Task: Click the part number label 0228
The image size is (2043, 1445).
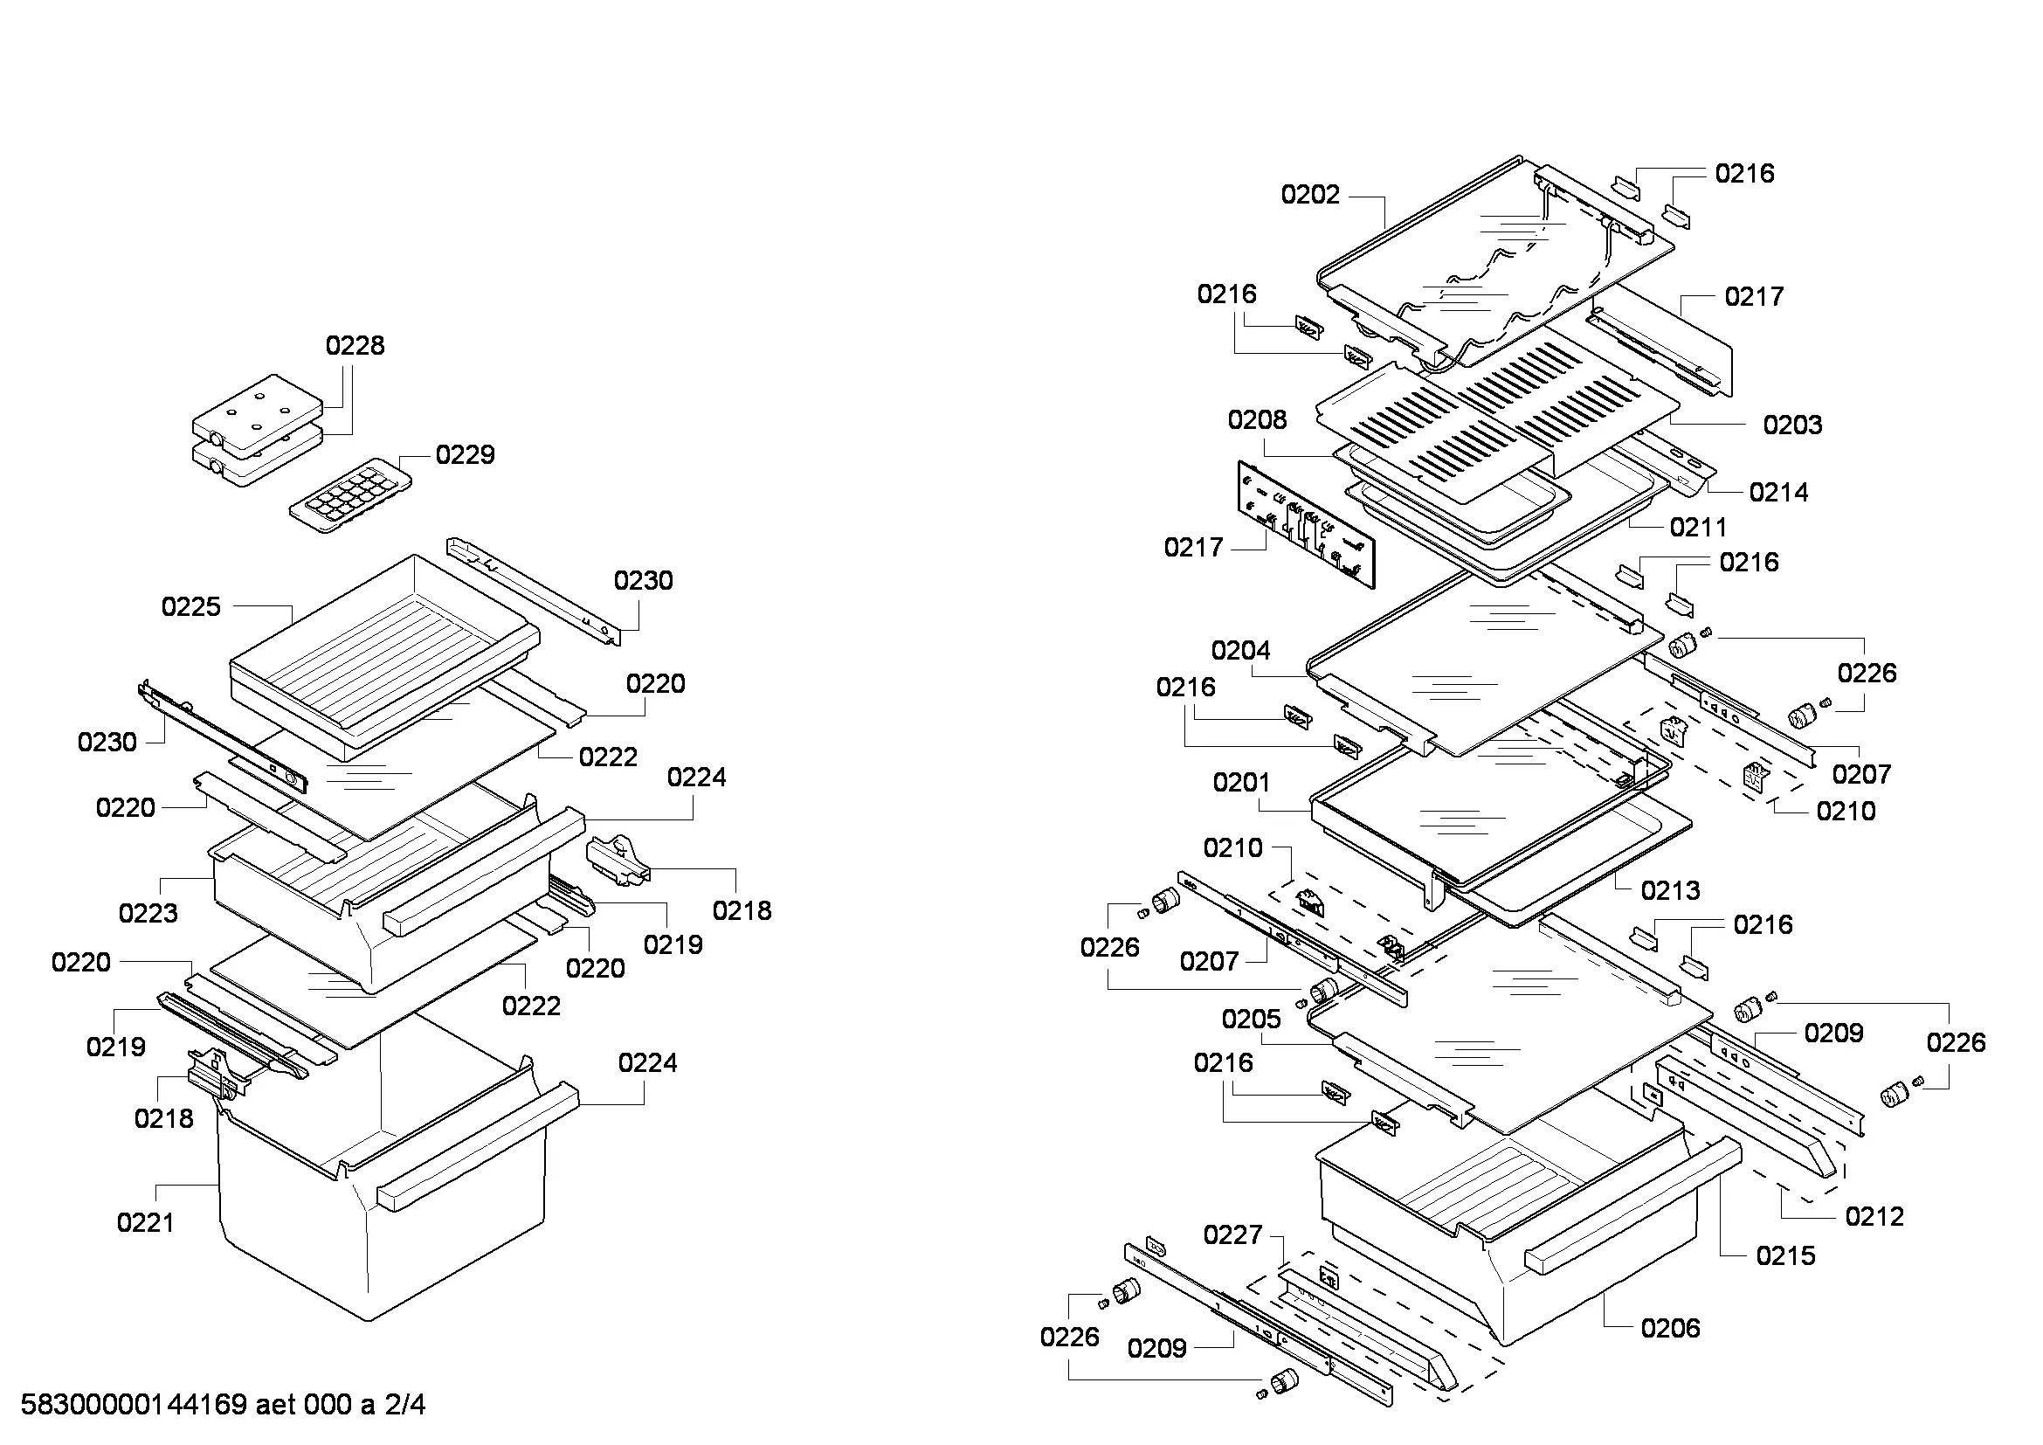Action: coord(355,345)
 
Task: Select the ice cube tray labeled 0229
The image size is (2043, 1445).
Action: coord(350,495)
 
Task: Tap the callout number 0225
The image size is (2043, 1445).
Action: coord(191,607)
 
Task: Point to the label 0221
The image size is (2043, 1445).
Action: coord(146,1222)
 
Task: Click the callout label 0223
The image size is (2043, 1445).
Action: coord(148,913)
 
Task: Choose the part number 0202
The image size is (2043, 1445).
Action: coord(1311,195)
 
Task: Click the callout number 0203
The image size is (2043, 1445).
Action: coord(1793,425)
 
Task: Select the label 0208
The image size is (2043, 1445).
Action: coord(1257,420)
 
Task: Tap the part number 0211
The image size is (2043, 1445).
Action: coord(1699,528)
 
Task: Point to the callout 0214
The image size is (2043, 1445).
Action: coord(1778,492)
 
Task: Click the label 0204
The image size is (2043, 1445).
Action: coord(1241,652)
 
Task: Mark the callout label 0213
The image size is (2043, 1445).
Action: coord(1671,890)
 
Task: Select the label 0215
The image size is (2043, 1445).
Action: coord(1786,1256)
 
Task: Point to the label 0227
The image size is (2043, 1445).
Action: coord(1233,1235)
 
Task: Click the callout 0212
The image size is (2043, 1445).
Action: coord(1874,1217)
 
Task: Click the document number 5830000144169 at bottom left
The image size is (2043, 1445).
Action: coord(134,1405)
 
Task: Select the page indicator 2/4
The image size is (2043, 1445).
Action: coord(405,1405)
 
